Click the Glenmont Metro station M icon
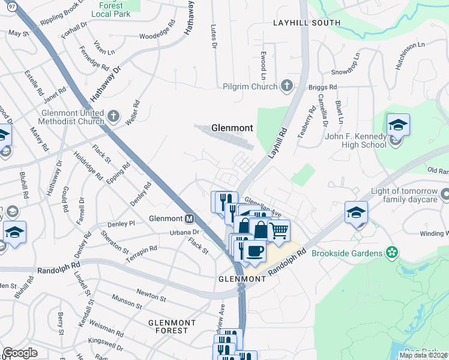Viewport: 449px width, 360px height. [189, 218]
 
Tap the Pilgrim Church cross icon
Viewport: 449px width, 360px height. [286, 86]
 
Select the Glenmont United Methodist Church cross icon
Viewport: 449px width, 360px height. [114, 114]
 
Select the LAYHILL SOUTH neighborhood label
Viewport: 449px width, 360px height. [307, 23]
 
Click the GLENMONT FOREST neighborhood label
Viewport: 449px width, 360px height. [172, 327]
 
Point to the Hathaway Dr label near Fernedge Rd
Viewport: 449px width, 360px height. [106, 83]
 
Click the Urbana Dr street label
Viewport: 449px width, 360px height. [184, 232]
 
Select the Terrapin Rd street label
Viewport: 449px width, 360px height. [141, 251]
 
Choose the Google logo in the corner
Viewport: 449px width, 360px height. [20, 352]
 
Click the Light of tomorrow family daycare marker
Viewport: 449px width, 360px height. [445, 194]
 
